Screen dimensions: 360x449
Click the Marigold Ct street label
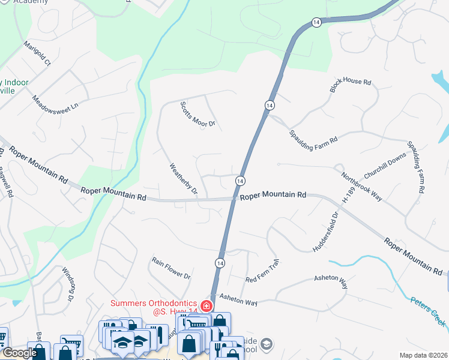(37, 53)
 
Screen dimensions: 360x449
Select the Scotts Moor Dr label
(197, 115)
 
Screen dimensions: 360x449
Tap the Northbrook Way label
(362, 187)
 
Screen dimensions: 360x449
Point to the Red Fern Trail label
(263, 272)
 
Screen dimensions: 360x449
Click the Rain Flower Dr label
(171, 268)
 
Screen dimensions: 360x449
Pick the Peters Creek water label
(429, 312)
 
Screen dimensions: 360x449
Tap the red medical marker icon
(206, 306)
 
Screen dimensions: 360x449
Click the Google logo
(20, 353)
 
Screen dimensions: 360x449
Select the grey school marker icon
(267, 344)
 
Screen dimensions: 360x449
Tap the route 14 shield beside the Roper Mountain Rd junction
(240, 181)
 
